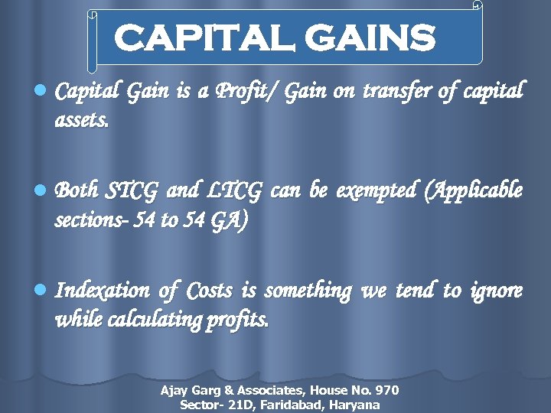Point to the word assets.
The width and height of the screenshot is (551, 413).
[x=82, y=119]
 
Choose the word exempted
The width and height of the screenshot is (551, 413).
[x=377, y=190]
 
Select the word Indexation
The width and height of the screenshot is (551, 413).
[x=103, y=291]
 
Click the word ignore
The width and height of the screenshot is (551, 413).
[x=498, y=291]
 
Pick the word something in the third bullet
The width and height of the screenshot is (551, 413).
[x=308, y=291]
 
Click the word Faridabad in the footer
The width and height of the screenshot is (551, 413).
[x=295, y=405]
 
